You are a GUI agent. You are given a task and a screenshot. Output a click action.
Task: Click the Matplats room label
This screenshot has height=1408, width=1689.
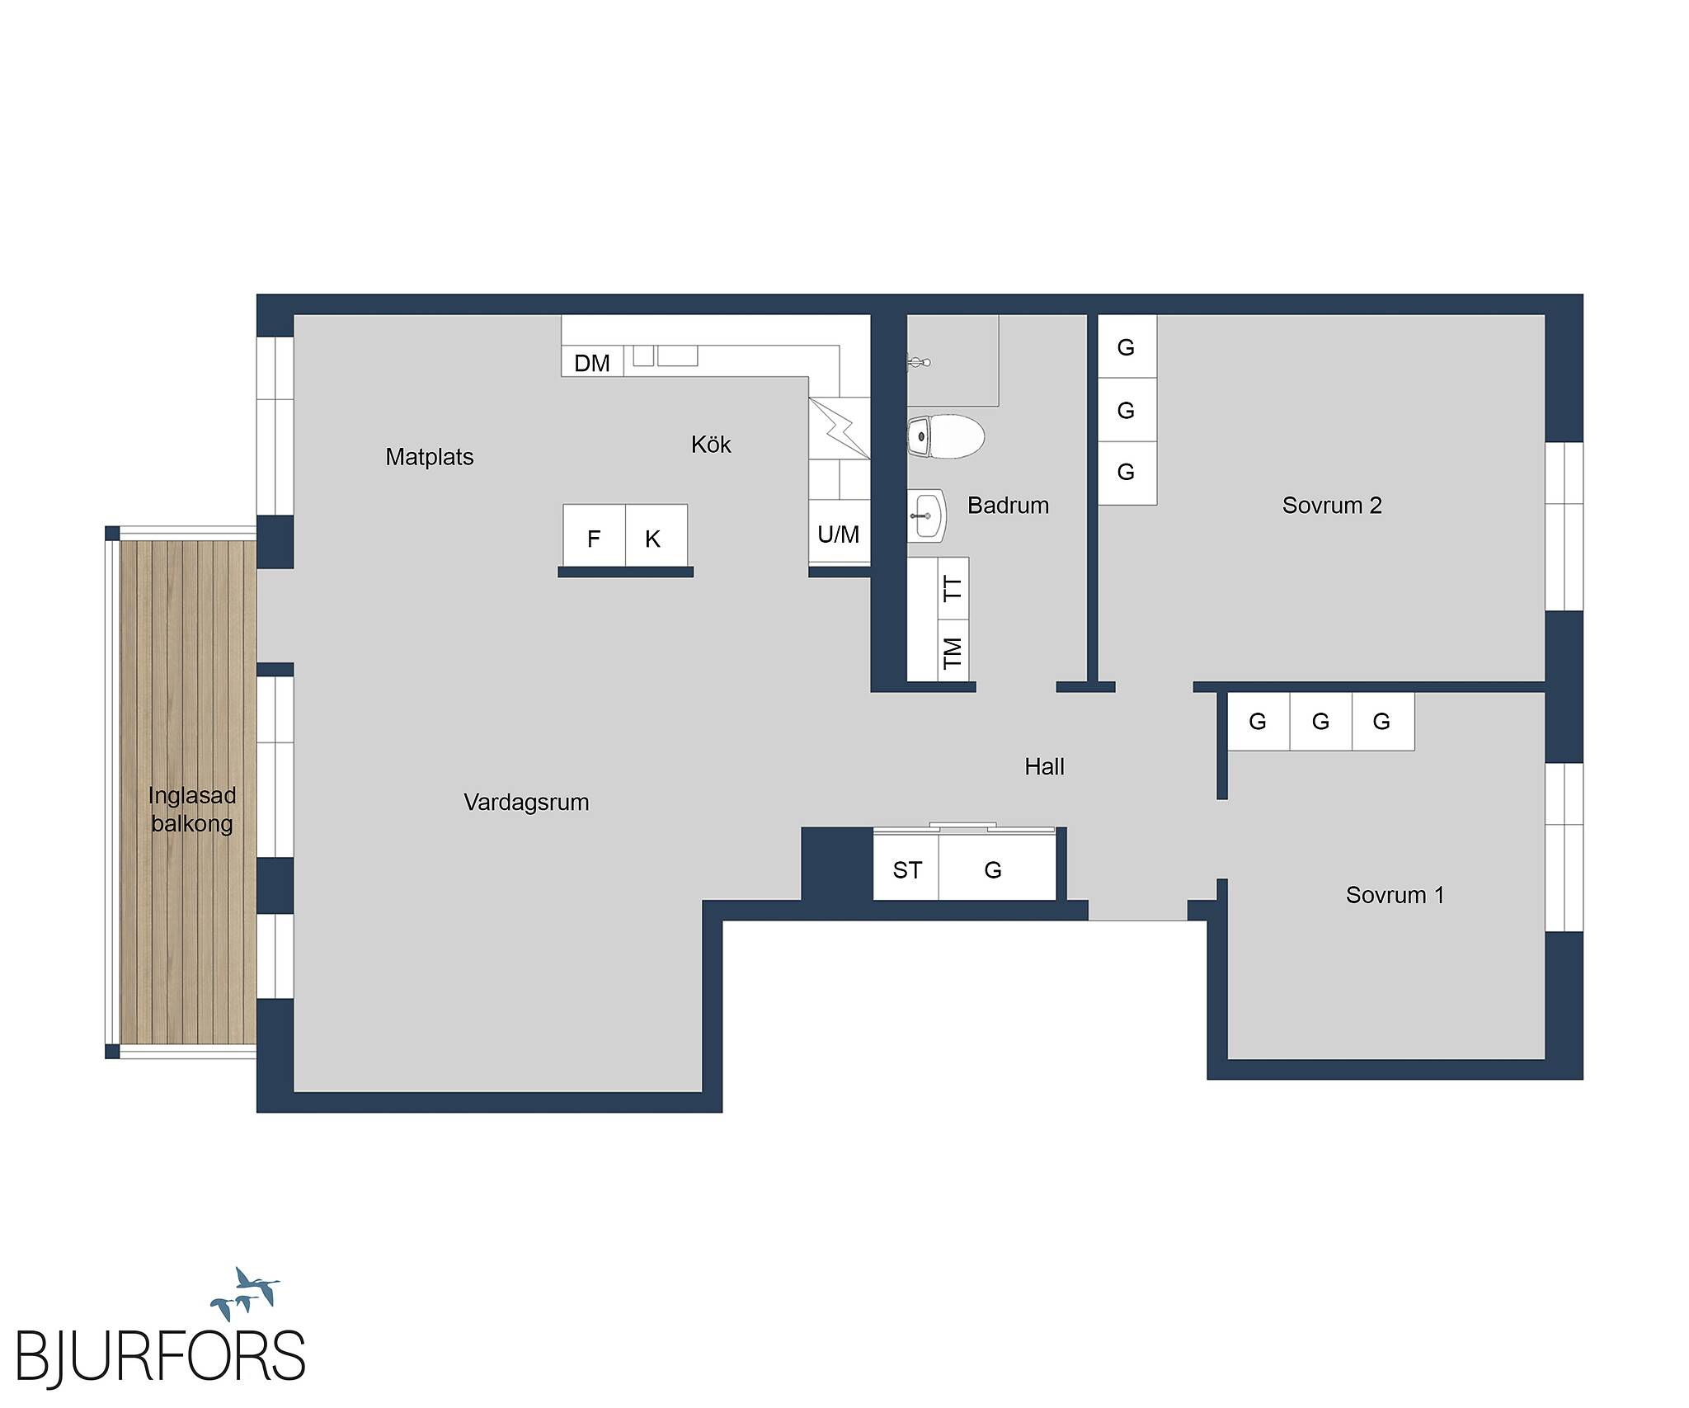429,457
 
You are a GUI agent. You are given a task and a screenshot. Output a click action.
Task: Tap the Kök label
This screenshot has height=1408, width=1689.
711,445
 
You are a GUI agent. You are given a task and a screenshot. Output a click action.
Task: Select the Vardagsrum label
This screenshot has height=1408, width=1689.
526,803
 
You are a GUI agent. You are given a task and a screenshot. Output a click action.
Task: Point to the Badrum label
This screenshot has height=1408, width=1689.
1008,505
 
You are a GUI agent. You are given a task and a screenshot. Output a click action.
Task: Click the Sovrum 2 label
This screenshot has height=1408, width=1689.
1332,505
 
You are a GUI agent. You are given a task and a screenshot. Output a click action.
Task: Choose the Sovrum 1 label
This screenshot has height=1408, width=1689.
1395,895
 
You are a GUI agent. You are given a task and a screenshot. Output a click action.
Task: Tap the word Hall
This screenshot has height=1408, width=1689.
1044,767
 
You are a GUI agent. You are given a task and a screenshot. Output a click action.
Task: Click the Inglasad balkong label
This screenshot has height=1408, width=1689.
192,809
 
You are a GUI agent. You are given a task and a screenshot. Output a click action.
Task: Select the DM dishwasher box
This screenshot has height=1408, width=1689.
592,362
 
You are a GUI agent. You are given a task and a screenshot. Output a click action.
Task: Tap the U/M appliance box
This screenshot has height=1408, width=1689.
839,532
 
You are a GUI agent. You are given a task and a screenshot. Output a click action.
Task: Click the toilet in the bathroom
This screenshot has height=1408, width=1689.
946,436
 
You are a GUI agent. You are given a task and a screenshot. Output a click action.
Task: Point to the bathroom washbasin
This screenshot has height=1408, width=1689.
926,516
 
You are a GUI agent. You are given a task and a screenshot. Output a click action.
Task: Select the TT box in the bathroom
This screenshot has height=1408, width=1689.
953,588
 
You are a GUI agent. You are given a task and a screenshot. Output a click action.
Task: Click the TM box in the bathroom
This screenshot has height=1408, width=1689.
953,652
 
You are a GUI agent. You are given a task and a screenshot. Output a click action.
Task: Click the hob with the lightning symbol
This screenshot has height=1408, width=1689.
840,428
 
